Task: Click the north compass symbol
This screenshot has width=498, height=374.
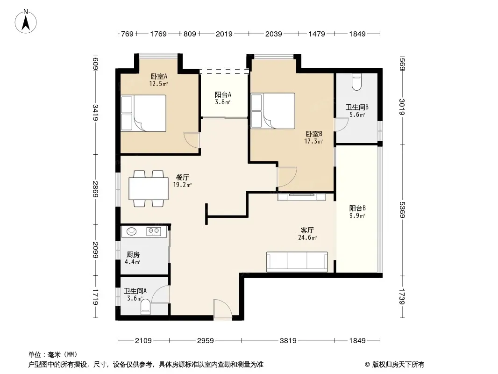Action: click(26, 22)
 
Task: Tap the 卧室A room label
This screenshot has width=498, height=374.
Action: click(159, 77)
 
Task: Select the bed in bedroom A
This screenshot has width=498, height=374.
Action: click(143, 113)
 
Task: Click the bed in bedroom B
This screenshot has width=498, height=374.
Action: click(273, 111)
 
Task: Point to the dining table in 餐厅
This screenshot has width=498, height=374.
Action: click(148, 189)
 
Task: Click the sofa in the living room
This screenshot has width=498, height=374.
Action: click(297, 261)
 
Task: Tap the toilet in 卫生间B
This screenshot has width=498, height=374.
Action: click(356, 82)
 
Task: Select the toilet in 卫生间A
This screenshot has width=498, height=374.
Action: click(145, 307)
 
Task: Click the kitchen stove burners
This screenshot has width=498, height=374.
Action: click(154, 231)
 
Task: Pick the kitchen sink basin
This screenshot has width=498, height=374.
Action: click(131, 231)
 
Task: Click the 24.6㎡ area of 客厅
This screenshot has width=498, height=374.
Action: click(307, 237)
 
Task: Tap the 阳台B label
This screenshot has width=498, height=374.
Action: click(357, 209)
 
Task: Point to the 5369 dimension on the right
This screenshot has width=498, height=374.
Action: click(402, 210)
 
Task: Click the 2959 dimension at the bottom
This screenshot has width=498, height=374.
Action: click(206, 341)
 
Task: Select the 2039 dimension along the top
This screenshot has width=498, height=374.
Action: click(273, 34)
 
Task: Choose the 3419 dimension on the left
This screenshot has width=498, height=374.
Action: click(95, 112)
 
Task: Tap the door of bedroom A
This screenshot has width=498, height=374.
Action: click(192, 140)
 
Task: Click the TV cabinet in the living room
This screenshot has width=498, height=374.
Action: click(302, 197)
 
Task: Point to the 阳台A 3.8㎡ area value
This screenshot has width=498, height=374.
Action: click(223, 102)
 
